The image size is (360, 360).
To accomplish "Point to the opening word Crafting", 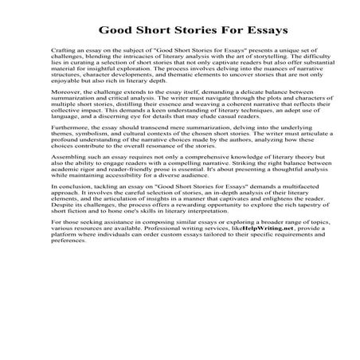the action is (61, 49).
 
